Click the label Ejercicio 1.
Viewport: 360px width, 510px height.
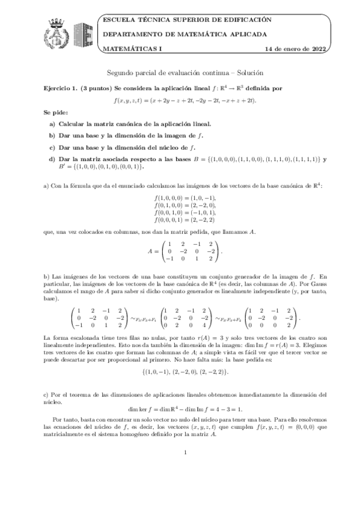coord(61,88)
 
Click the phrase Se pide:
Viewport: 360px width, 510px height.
coord(55,112)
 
